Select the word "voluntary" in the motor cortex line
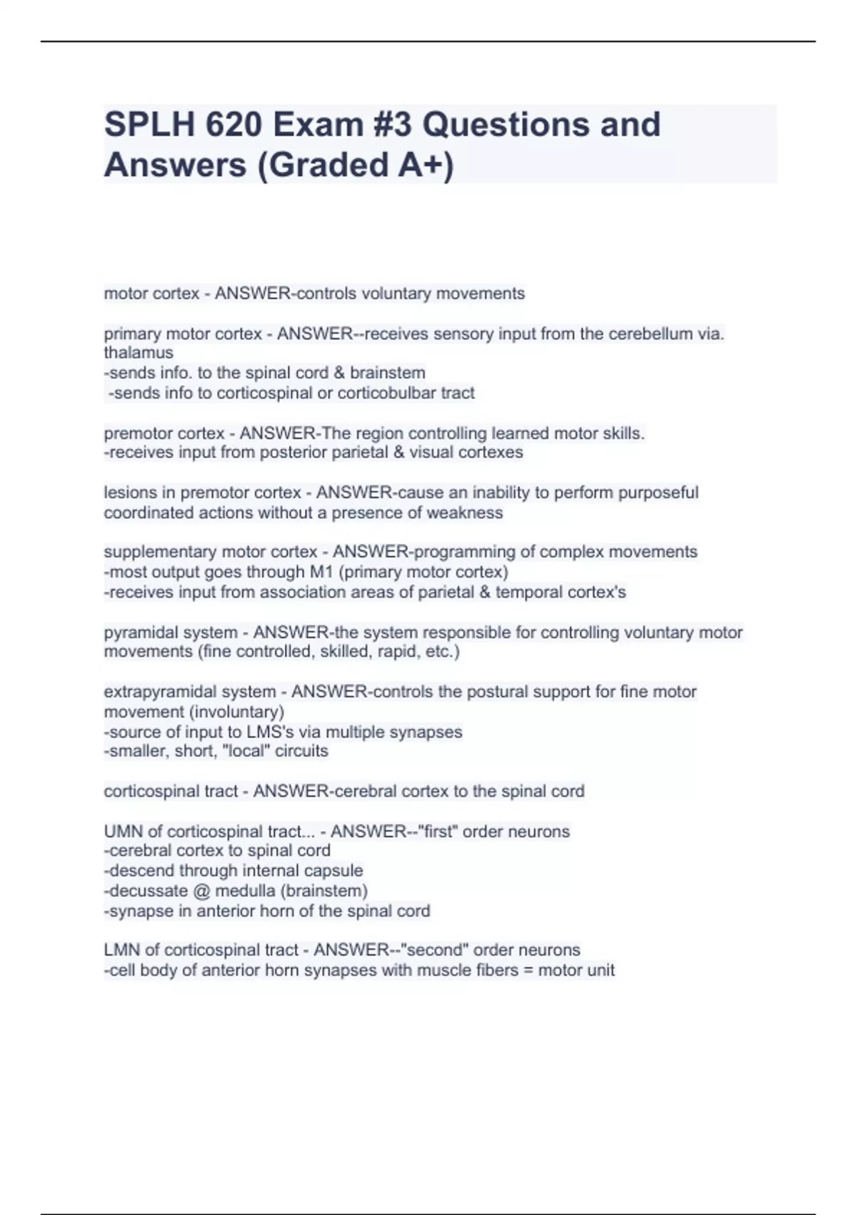click(396, 294)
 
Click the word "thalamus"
click(139, 353)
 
